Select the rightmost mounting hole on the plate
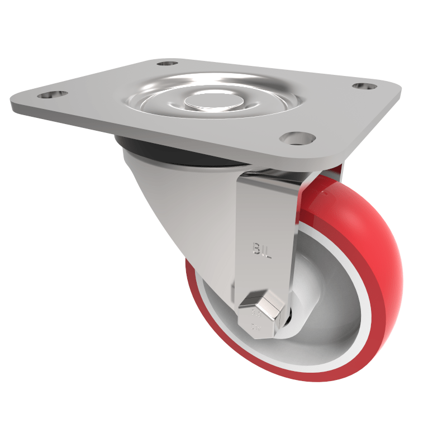pos(365,87)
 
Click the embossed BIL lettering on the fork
pos(261,250)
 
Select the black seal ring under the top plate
pos(173,157)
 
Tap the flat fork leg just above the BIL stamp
pos(261,218)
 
